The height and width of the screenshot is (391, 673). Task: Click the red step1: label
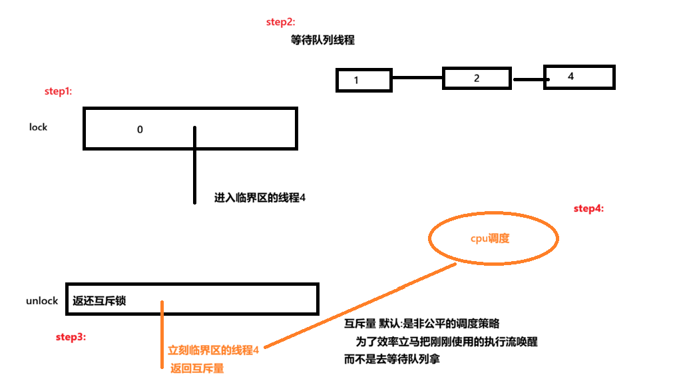click(57, 91)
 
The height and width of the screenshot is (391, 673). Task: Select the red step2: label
click(280, 22)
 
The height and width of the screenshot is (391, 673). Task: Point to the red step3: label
click(70, 337)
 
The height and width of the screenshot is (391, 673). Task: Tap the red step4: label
click(588, 208)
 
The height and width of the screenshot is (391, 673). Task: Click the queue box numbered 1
click(363, 80)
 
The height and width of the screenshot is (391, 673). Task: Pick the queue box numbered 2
click(477, 78)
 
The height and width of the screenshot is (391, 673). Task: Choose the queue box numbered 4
click(579, 77)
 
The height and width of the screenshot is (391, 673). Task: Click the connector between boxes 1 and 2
click(417, 79)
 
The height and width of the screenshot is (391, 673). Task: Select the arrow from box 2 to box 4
click(530, 80)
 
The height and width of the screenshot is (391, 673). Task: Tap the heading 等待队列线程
click(323, 40)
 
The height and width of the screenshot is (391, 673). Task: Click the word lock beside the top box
click(39, 127)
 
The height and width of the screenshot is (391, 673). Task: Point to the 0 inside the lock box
click(140, 130)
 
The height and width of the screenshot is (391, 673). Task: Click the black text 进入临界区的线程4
click(260, 198)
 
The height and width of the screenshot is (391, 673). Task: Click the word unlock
click(43, 301)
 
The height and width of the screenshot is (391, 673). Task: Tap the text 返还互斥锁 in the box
click(100, 301)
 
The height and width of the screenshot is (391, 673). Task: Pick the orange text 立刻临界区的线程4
click(213, 350)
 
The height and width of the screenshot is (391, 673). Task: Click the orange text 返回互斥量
click(197, 368)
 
